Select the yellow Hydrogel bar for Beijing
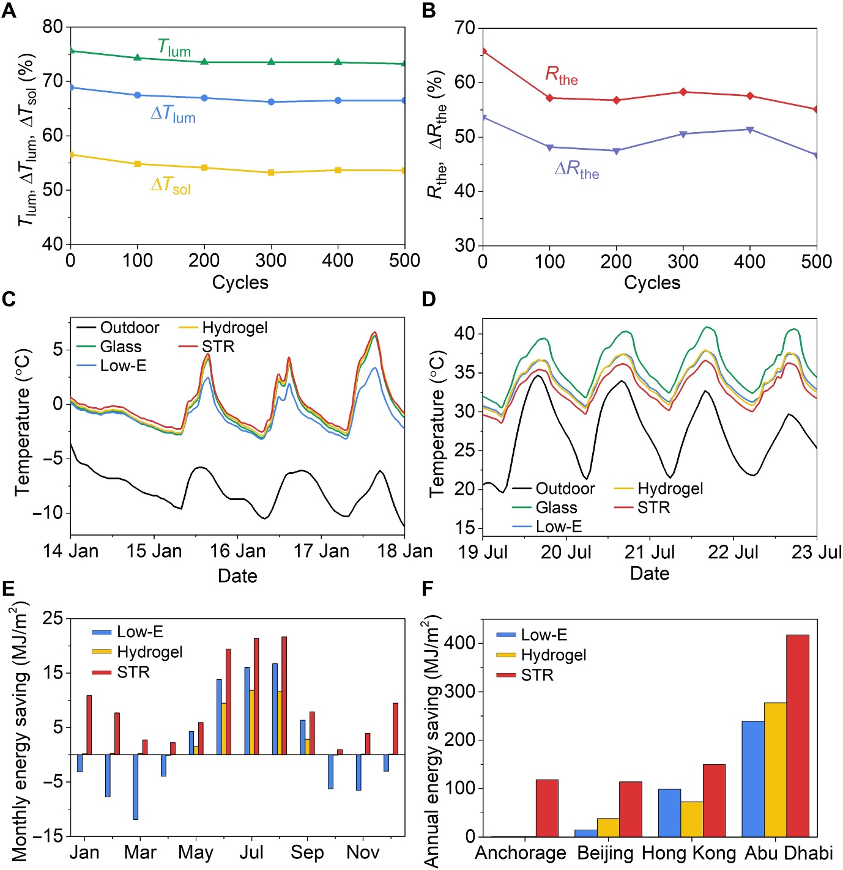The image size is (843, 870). (608, 827)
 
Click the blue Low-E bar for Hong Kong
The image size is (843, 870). (669, 813)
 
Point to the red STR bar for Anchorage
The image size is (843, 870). (547, 808)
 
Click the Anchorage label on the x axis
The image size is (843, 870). (521, 853)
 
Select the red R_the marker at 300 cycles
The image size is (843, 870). (683, 92)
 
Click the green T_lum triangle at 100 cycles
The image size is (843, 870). (138, 57)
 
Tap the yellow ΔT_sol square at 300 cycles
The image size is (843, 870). (271, 172)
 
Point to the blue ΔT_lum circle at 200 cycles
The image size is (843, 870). (204, 98)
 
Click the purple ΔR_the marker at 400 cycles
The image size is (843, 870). (750, 130)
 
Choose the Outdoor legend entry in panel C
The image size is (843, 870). (129, 328)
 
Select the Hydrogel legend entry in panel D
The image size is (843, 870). (670, 488)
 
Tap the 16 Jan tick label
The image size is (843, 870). (237, 551)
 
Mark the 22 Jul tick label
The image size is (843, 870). (733, 552)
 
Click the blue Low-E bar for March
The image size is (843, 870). (135, 787)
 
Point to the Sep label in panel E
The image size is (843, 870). (307, 852)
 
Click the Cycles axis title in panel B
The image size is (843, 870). (652, 282)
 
